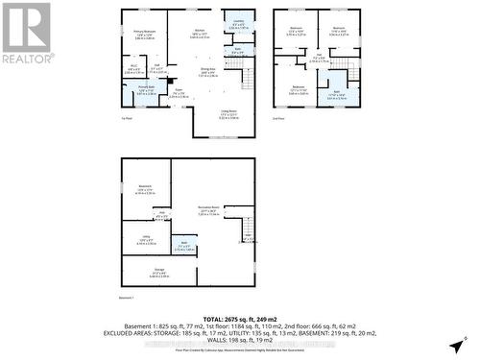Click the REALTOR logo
coord(27,34)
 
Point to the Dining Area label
coord(207,71)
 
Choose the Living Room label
coord(228,115)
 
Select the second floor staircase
coord(352,75)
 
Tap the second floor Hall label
coord(319,60)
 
